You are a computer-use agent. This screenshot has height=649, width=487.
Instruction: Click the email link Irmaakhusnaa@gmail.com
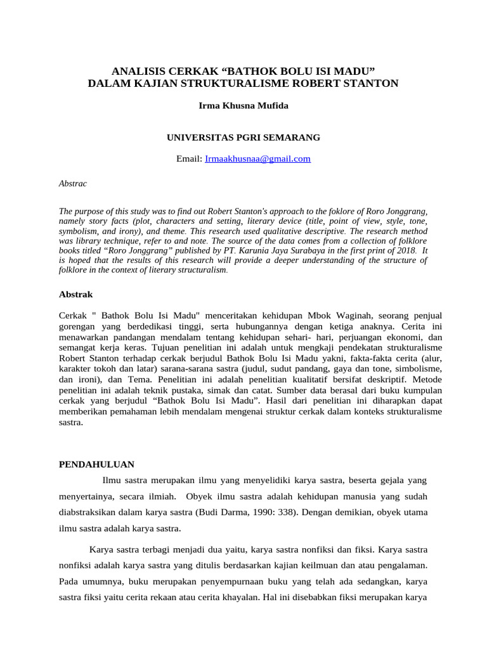click(258, 159)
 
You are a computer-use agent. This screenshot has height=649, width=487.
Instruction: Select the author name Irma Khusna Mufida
click(243, 106)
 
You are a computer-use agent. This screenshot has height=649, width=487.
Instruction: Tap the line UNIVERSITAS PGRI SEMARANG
click(243, 137)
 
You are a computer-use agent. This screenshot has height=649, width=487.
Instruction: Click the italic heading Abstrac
click(72, 183)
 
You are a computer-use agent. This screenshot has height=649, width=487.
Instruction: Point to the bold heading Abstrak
click(76, 295)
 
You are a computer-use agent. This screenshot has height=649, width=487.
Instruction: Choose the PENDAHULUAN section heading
click(96, 464)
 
